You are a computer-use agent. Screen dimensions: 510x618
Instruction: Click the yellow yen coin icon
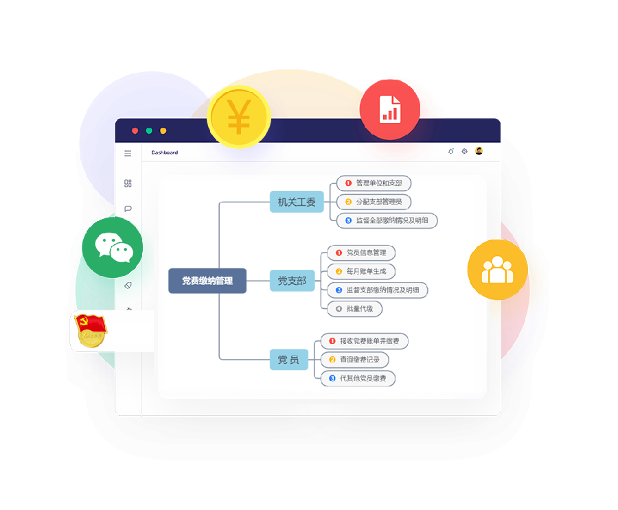pos(239,117)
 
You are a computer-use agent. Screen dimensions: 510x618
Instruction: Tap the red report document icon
pos(390,110)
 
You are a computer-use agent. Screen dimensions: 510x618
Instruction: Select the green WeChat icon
pos(113,247)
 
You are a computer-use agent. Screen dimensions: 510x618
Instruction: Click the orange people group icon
pos(498,270)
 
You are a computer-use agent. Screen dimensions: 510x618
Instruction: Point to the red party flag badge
pos(91,330)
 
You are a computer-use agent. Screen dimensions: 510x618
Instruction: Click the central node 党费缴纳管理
pos(207,281)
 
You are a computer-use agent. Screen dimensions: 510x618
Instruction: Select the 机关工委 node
pos(297,202)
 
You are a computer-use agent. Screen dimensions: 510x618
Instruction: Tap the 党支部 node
pos(292,281)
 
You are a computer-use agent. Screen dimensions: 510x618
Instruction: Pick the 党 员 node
pos(288,360)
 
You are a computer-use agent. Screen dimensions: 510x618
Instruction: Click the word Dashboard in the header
pos(165,152)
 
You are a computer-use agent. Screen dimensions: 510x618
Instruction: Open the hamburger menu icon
pos(128,153)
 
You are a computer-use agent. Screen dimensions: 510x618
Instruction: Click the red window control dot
pos(135,130)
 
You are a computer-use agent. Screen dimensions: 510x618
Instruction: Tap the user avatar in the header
pos(479,151)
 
